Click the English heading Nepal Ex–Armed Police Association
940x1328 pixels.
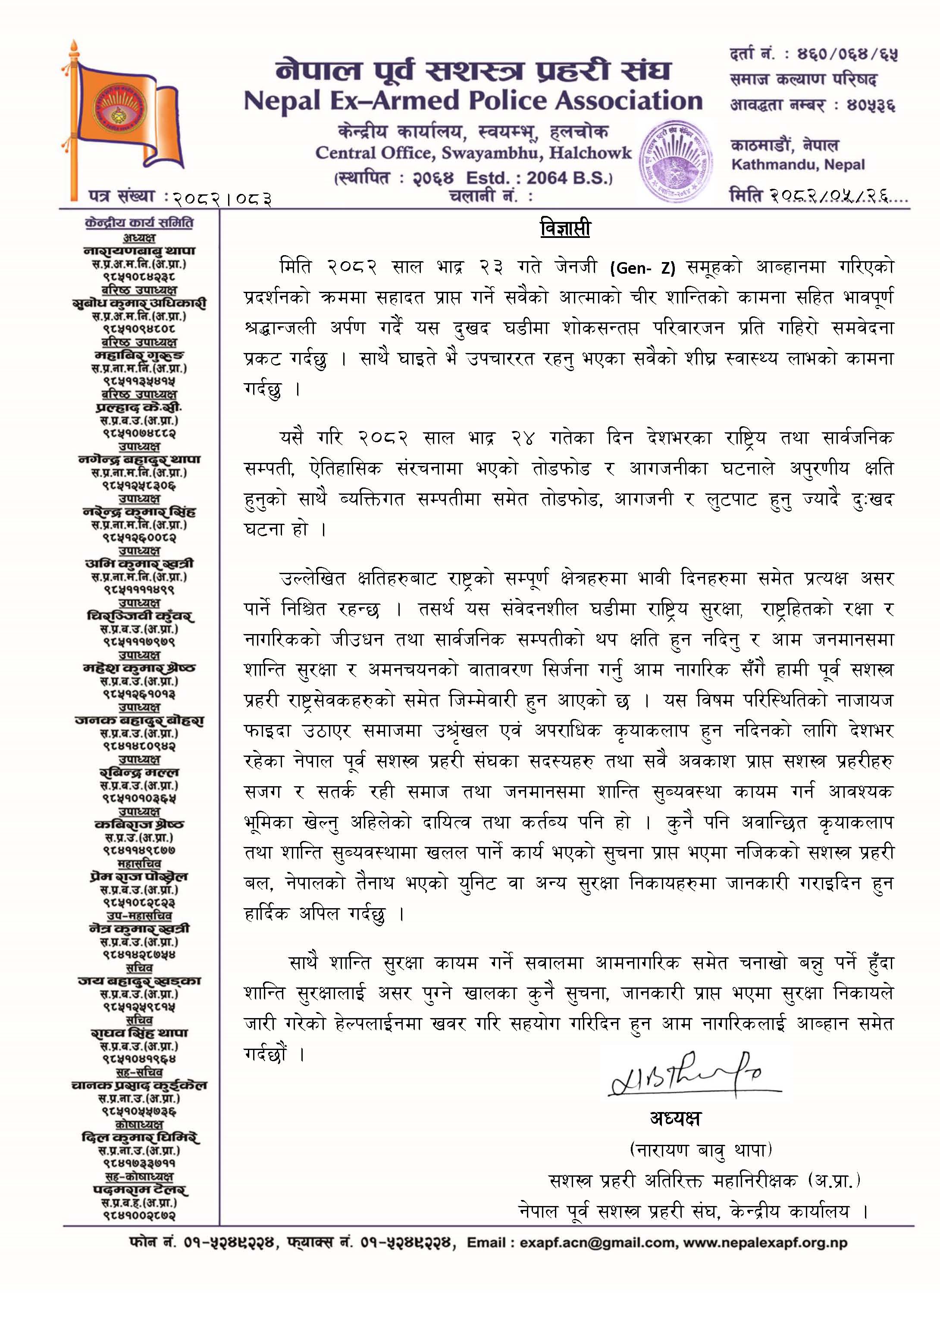[x=473, y=101]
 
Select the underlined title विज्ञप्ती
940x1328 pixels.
[x=565, y=228]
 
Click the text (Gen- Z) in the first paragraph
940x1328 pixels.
[x=642, y=268]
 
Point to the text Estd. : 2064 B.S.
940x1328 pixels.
[x=539, y=178]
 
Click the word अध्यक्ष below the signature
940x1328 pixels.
[x=675, y=1119]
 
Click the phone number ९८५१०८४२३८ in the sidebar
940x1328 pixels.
[x=139, y=277]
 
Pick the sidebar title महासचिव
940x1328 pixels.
[x=139, y=863]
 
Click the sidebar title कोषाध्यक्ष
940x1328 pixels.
[x=139, y=1124]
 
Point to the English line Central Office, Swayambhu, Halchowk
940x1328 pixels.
[x=473, y=153]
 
